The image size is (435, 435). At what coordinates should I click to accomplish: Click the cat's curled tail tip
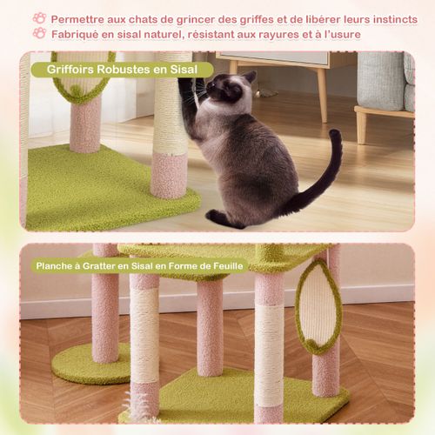(x=336, y=137)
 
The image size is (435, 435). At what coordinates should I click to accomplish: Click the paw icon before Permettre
(x=40, y=17)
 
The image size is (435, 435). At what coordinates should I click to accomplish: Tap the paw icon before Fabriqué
(x=40, y=33)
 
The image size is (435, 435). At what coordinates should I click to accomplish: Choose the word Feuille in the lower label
(x=225, y=266)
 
